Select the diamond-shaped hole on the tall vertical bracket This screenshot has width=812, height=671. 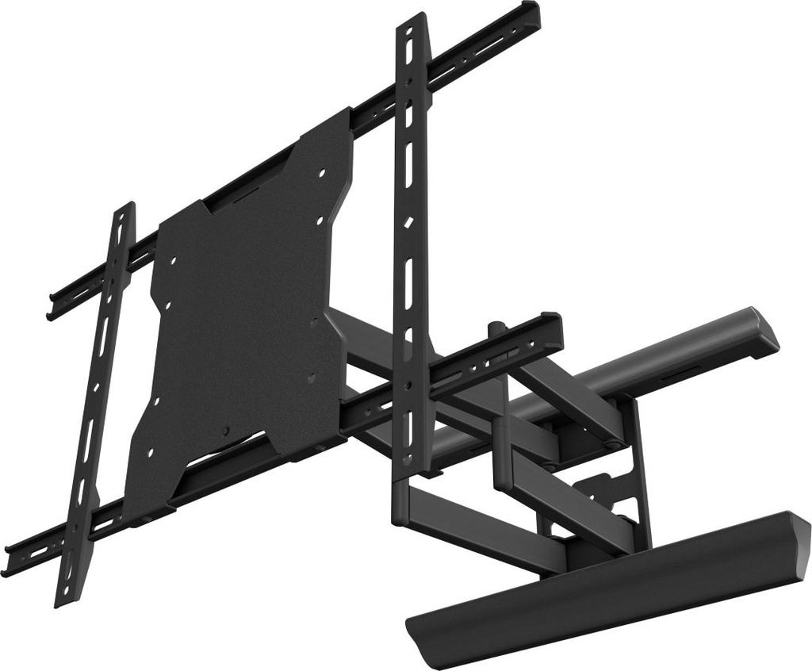[408, 224]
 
